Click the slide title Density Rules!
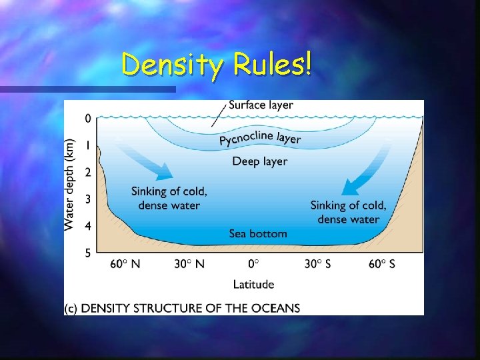[216, 65]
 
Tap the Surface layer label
[261, 105]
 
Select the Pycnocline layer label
[260, 139]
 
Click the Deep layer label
[259, 161]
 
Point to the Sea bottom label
[258, 233]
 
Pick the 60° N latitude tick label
[125, 264]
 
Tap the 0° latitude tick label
[253, 264]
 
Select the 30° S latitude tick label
[317, 264]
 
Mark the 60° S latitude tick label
[381, 264]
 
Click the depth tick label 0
[88, 119]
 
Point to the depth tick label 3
[88, 199]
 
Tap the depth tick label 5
[88, 253]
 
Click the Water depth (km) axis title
[70, 185]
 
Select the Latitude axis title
[253, 284]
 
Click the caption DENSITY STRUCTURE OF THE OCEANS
[182, 308]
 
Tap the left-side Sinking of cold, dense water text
[169, 198]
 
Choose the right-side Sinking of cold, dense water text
[348, 212]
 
